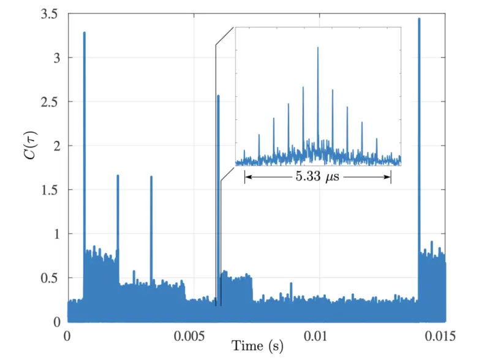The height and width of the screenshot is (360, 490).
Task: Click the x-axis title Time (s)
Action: click(257, 347)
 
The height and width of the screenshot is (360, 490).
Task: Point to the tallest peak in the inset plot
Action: click(318, 48)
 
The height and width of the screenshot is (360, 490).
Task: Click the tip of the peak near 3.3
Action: click(84, 32)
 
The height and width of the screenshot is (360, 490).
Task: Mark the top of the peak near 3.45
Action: click(419, 19)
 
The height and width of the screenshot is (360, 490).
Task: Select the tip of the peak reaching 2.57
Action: click(218, 96)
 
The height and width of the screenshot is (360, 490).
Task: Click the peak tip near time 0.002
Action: click(118, 176)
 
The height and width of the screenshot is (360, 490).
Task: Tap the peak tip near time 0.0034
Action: click(151, 177)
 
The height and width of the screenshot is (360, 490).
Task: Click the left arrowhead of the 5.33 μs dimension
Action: click(246, 178)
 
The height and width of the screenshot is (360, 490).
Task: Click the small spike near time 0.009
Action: click(292, 283)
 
